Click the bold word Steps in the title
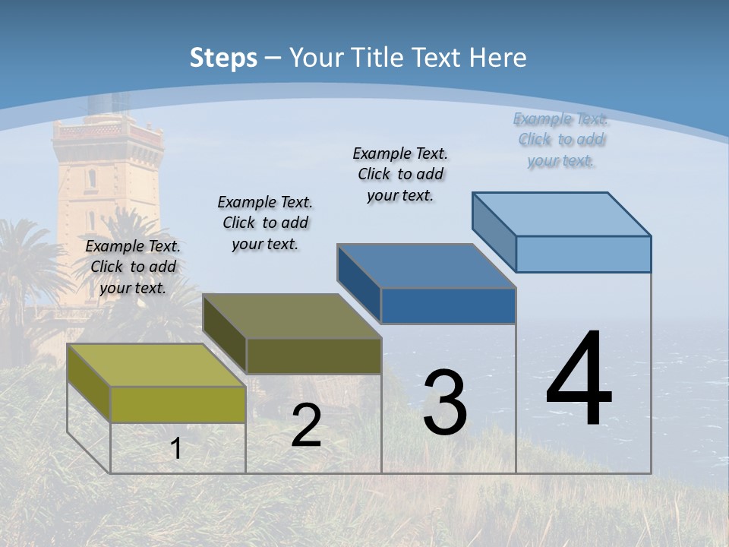tap(223, 58)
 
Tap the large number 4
tap(579, 380)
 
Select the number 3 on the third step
tap(445, 403)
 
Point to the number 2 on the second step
tap(306, 426)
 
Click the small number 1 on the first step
tap(176, 449)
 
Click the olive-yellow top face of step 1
tap(156, 365)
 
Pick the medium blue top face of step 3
tap(426, 266)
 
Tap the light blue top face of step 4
tap(561, 214)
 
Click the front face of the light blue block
tap(583, 254)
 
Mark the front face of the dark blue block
tap(448, 305)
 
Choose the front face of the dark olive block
tap(314, 356)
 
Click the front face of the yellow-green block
tap(178, 404)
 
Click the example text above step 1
tap(133, 267)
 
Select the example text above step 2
tap(265, 223)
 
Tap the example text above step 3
tap(400, 174)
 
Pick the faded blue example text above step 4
tap(561, 140)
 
